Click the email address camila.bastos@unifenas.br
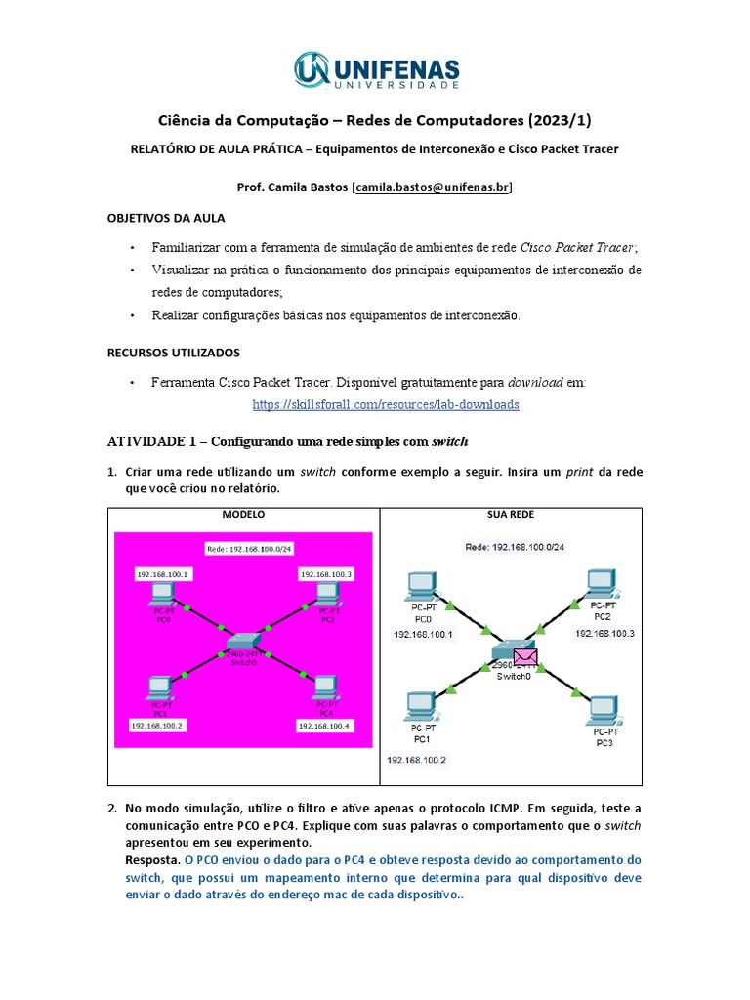coord(432,187)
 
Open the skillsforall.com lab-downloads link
coord(386,404)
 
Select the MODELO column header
coord(243,515)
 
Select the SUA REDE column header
coord(510,515)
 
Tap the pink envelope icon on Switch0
coord(526,658)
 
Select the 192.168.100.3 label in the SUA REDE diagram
coord(604,634)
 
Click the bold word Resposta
coord(152,860)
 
